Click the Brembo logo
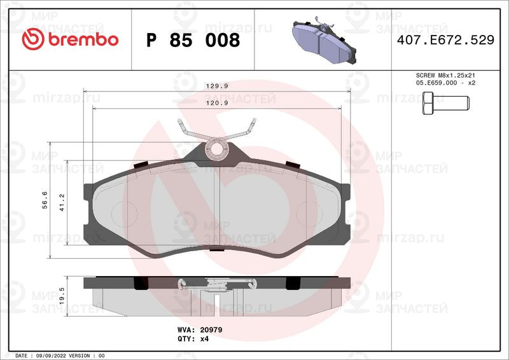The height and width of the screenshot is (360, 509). [70, 39]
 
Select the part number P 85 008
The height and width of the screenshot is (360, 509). [193, 40]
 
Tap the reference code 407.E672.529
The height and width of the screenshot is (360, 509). [446, 40]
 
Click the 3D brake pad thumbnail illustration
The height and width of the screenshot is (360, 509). [324, 40]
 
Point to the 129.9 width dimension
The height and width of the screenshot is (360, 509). [217, 86]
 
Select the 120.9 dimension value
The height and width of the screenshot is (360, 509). [217, 103]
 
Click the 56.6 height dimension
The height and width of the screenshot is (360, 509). [45, 200]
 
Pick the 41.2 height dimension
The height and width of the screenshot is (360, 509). [62, 202]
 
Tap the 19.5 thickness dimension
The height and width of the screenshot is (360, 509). [62, 296]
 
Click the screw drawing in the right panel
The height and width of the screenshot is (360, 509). [446, 103]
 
